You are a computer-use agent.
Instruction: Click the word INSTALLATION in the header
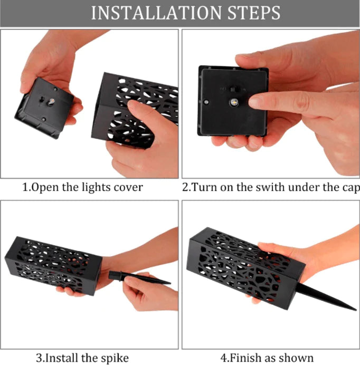click(156, 13)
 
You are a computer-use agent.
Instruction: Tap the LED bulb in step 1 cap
click(51, 101)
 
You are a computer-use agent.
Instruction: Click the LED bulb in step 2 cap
click(233, 102)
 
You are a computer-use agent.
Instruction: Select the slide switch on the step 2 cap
click(233, 89)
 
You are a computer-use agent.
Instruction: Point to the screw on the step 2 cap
click(206, 102)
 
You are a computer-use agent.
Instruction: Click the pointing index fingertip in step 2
click(254, 102)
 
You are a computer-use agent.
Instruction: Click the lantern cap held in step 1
click(44, 108)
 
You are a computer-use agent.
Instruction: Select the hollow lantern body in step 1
click(135, 110)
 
